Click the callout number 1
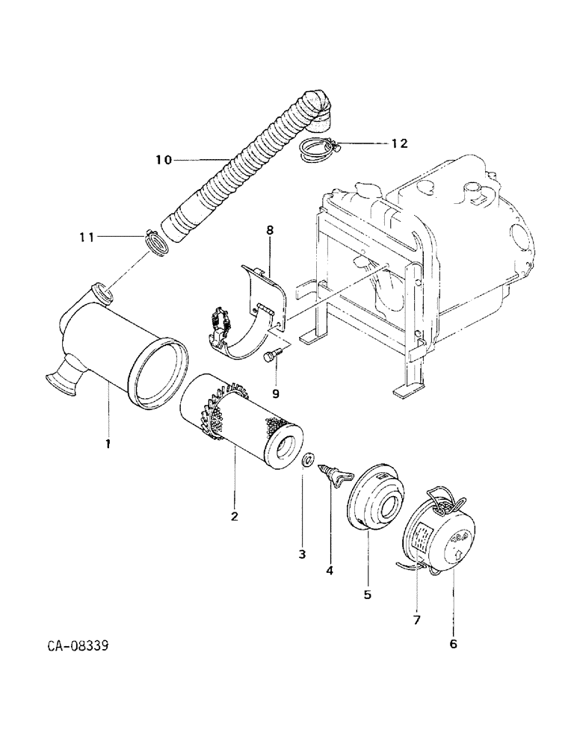pos(108,443)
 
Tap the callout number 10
pos(164,159)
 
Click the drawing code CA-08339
pos(71,645)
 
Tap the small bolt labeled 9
pos(272,356)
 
